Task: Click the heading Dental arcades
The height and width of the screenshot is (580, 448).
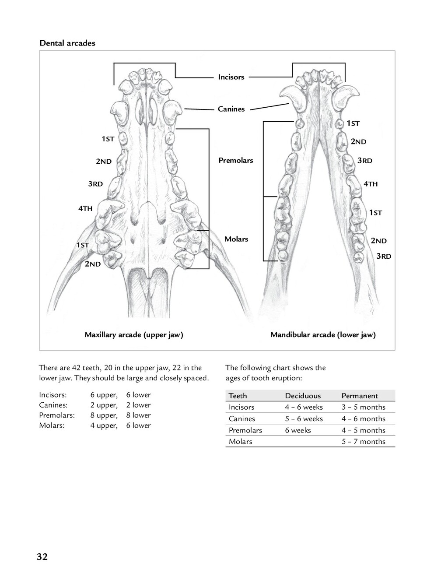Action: (67, 43)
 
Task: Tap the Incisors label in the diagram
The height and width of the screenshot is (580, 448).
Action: (231, 77)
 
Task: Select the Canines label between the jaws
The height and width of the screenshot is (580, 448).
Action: (231, 109)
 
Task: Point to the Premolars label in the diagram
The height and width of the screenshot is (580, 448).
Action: (235, 160)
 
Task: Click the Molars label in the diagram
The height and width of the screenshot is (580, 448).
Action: (236, 239)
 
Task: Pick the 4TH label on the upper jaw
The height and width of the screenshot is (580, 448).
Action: (85, 208)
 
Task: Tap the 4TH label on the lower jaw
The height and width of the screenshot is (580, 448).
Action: (370, 184)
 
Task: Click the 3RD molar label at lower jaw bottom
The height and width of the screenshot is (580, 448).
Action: (384, 256)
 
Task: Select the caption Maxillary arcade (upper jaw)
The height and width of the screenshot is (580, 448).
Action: (133, 335)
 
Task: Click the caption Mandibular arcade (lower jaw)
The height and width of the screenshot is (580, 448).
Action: (323, 335)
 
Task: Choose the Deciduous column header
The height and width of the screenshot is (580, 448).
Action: (303, 396)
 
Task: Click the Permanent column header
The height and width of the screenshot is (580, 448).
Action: (359, 396)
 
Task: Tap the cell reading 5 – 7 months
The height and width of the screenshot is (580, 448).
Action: (363, 442)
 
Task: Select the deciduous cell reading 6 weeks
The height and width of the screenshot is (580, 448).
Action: (297, 430)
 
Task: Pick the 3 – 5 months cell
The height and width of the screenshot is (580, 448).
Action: (363, 407)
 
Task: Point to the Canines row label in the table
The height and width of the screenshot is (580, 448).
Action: (241, 419)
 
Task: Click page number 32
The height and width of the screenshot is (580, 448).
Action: (42, 557)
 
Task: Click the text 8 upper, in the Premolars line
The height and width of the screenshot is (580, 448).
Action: (104, 415)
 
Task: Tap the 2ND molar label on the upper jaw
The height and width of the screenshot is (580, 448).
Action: (92, 264)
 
